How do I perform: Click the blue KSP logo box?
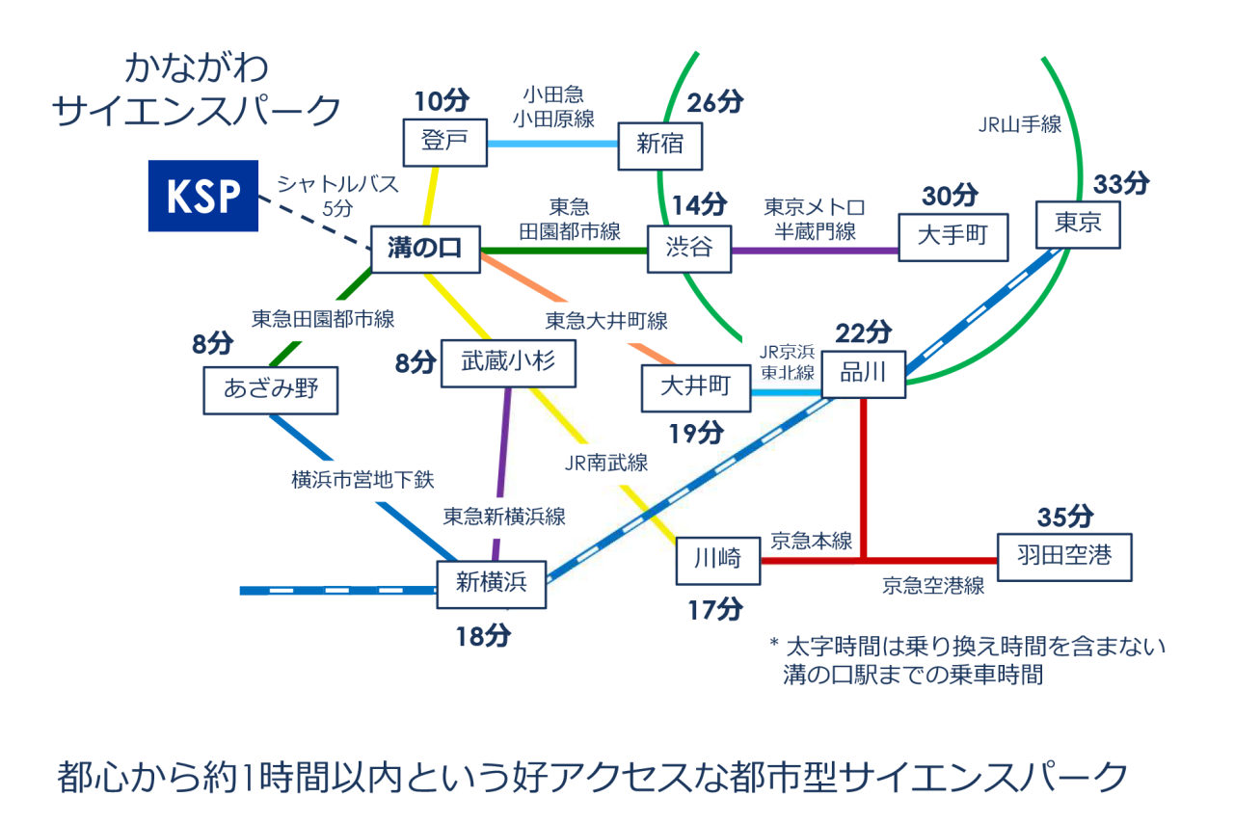(202, 196)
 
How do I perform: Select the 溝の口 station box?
(425, 250)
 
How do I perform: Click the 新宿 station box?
(660, 146)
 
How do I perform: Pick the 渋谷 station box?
(688, 248)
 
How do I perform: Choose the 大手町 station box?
(952, 237)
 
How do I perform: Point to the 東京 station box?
(1078, 224)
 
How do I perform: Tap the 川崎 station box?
(717, 560)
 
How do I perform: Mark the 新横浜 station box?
(492, 584)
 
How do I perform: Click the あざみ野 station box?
(271, 389)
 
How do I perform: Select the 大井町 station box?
(696, 387)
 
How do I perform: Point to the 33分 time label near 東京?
(1121, 183)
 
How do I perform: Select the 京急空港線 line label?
(933, 585)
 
